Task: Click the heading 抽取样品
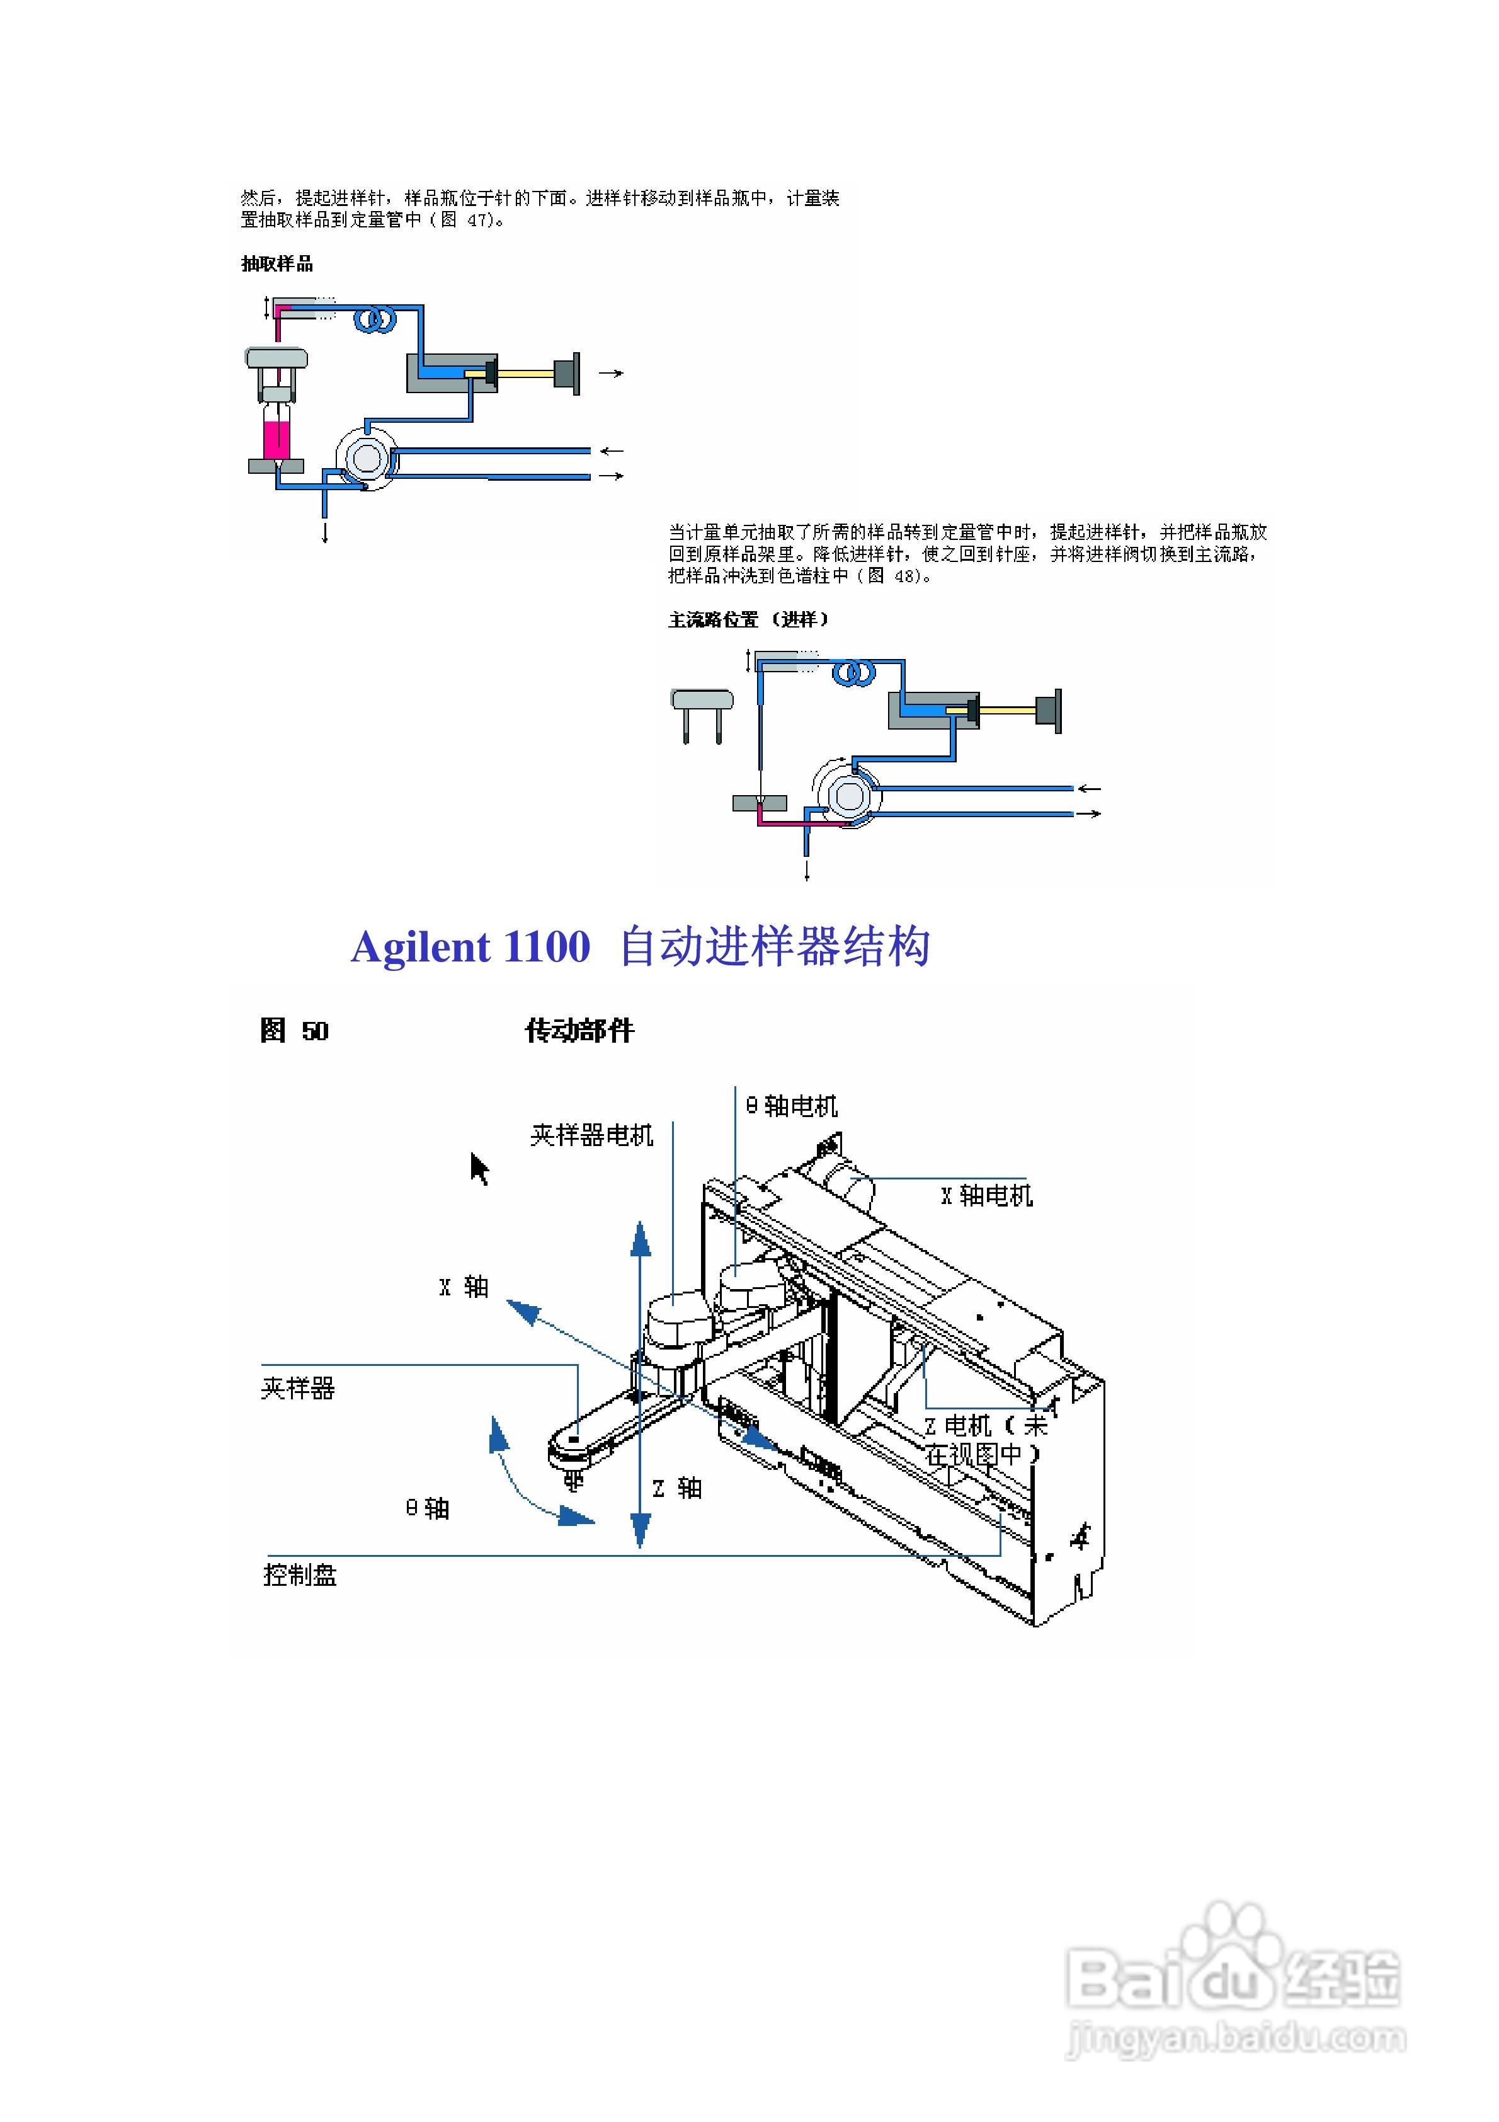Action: tap(277, 265)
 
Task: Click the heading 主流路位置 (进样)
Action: tap(749, 620)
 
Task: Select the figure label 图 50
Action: tap(294, 1031)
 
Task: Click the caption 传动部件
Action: tap(579, 1031)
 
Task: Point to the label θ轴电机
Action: tap(792, 1106)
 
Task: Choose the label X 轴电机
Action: tap(986, 1196)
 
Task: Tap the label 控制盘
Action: tap(300, 1575)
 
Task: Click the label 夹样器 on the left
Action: tap(297, 1388)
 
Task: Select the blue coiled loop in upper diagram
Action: tap(375, 321)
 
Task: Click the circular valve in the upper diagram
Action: tap(366, 457)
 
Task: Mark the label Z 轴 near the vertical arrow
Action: tap(678, 1489)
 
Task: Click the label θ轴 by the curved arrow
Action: tap(427, 1509)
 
